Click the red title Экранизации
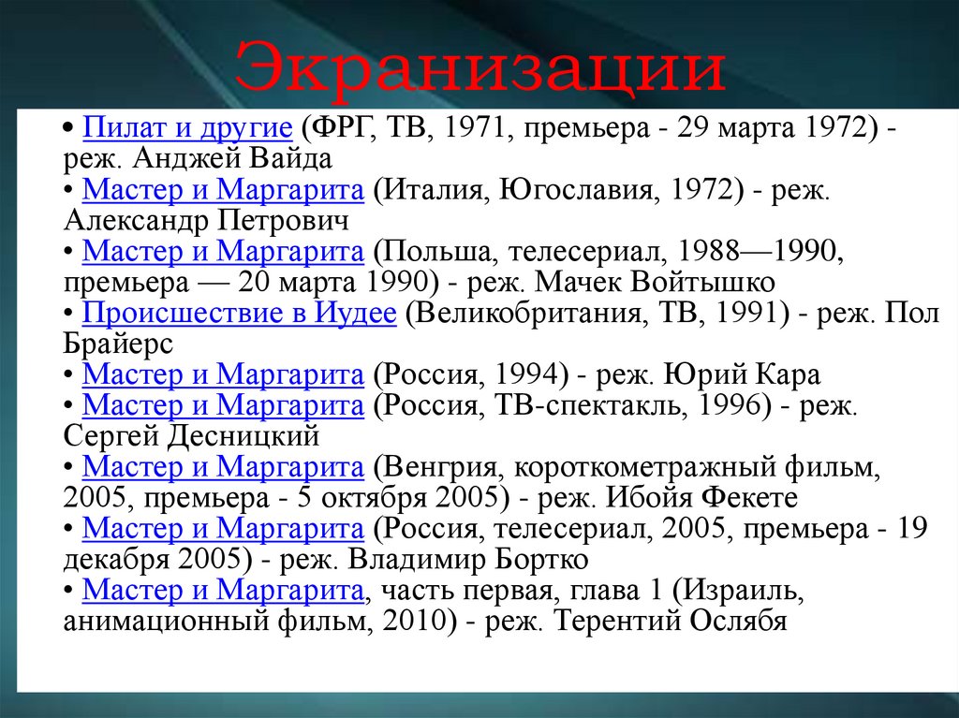pos(480,66)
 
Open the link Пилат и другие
pos(187,128)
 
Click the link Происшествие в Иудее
pos(239,313)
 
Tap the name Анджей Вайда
pos(232,158)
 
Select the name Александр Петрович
pos(206,220)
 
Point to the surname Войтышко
pos(702,282)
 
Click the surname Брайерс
pos(118,344)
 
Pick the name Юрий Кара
pos(742,374)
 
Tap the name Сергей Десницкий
pos(191,436)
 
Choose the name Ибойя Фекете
pos(701,497)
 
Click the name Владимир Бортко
pos(468,559)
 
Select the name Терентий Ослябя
pos(670,621)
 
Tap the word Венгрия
pos(440,467)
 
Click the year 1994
pos(532,374)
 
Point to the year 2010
pos(419,621)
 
